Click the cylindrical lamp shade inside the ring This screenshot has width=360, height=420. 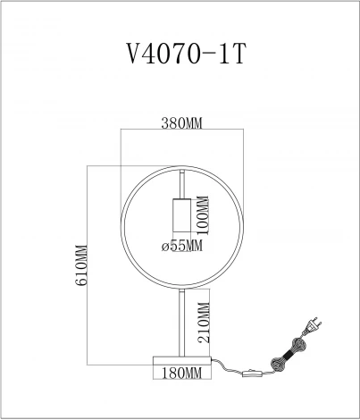(x=182, y=215)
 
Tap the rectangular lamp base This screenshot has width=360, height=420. (x=182, y=360)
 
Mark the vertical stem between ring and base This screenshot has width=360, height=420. (x=182, y=322)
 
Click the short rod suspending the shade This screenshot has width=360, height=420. (x=182, y=182)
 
